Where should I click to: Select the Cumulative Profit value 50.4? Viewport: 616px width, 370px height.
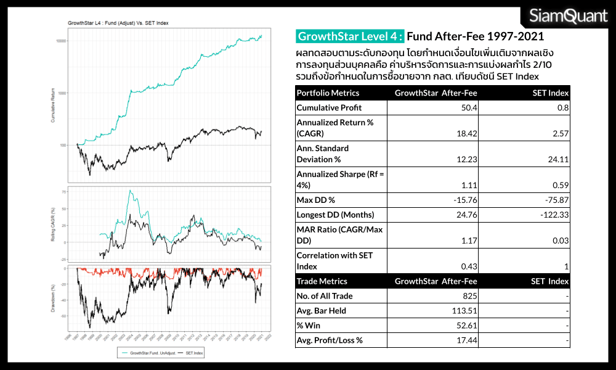[x=469, y=108]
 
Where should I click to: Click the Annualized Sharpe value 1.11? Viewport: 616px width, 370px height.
[x=470, y=185]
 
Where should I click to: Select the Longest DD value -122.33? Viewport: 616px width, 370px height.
[x=554, y=215]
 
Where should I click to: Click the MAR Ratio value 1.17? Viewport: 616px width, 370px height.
[x=470, y=241]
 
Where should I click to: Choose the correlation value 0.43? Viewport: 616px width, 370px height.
[x=469, y=266]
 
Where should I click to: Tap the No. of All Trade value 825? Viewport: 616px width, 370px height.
[x=471, y=296]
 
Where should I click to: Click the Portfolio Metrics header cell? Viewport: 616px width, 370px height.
[x=328, y=93]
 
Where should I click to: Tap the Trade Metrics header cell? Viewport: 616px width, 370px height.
[x=322, y=281]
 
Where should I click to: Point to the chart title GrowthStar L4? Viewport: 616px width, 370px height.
[x=118, y=23]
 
